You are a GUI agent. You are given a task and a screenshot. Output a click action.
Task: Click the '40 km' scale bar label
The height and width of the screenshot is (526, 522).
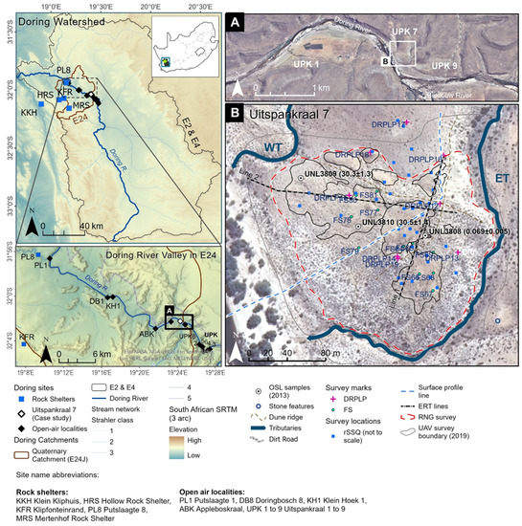(x=92, y=226)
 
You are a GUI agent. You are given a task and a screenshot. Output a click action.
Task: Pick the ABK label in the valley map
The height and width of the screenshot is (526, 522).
(x=147, y=333)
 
